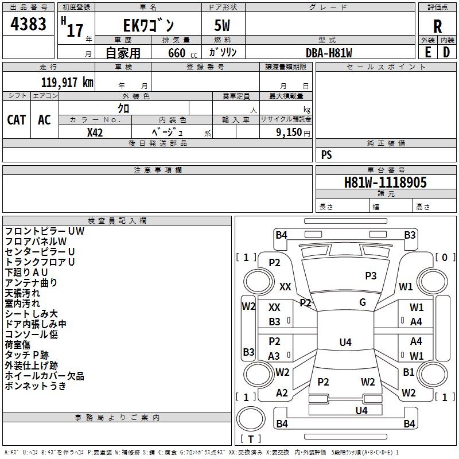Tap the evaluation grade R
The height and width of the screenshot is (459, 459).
(437, 26)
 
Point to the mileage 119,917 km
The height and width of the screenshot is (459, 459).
(67, 82)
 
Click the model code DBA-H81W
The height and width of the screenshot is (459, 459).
(329, 53)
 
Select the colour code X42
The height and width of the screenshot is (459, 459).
(95, 132)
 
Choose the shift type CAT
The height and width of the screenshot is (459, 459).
(17, 119)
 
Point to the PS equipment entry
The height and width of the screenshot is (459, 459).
(326, 155)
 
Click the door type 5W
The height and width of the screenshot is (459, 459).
(223, 26)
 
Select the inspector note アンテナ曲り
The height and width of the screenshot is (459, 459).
(31, 282)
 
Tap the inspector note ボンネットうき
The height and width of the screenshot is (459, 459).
(36, 386)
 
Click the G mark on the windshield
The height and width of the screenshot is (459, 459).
(362, 302)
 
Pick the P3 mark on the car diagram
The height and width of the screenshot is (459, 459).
(371, 275)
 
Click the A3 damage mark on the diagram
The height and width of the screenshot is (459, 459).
(274, 356)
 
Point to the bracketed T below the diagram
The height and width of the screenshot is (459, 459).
(251, 439)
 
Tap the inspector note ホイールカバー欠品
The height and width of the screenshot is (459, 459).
(44, 376)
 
